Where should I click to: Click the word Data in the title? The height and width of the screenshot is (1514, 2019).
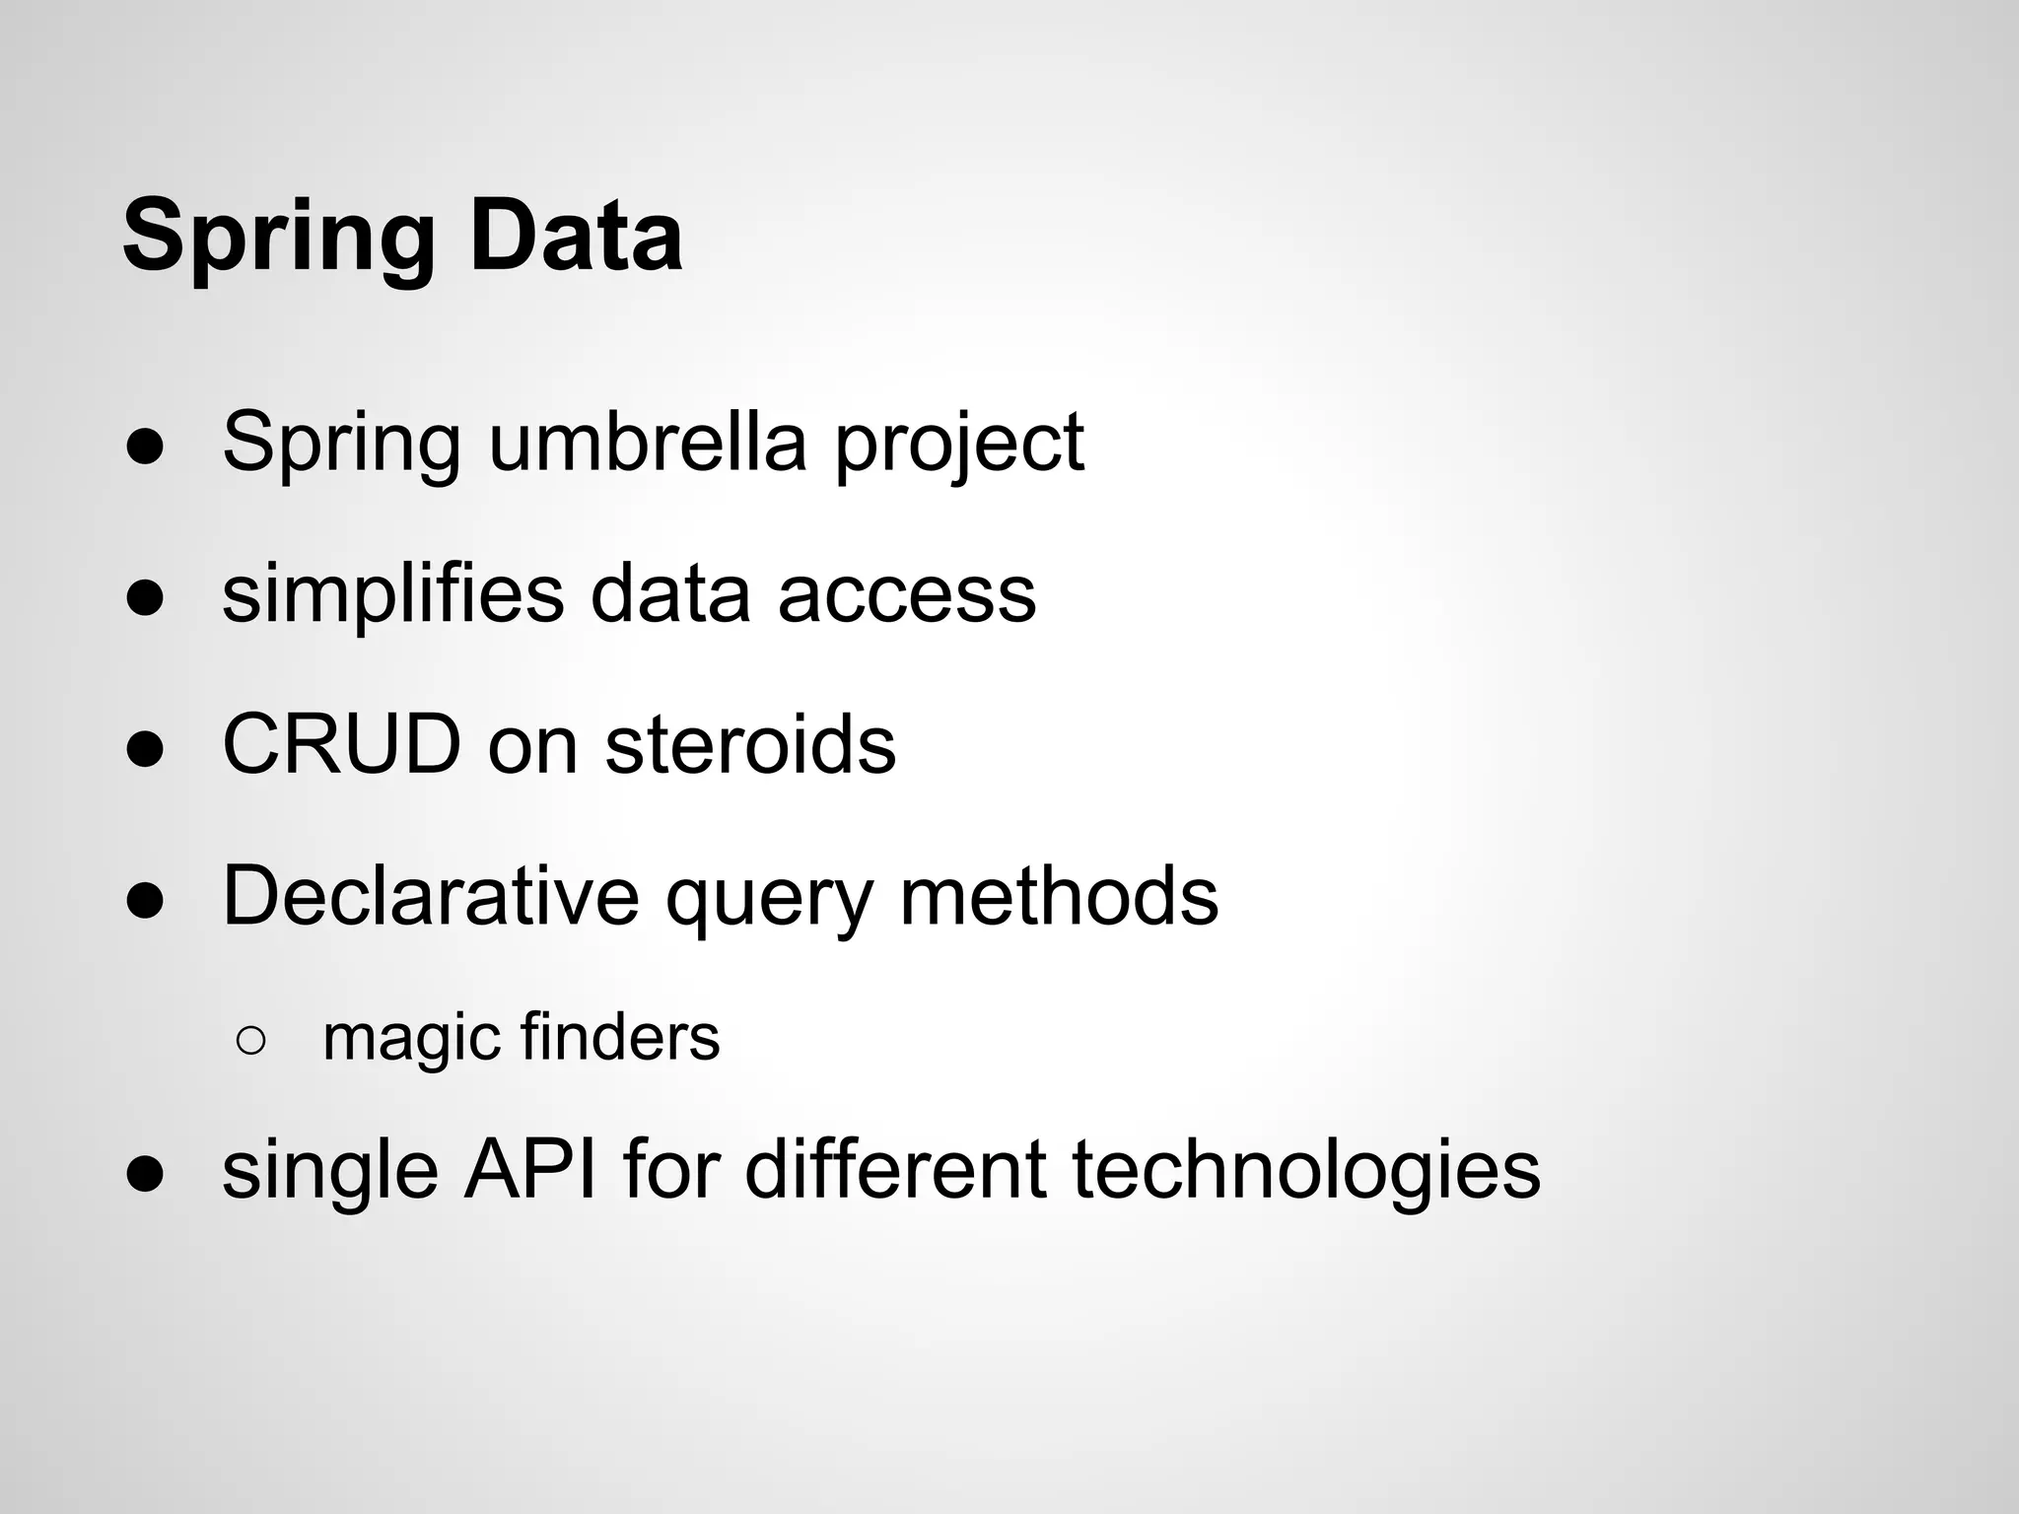pos(576,237)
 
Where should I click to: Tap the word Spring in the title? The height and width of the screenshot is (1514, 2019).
pos(278,241)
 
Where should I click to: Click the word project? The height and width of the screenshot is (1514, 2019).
pos(958,446)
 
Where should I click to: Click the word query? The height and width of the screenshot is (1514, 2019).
pos(769,902)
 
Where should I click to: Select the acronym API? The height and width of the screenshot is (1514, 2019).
pos(529,1169)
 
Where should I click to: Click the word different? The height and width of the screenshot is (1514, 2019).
pos(894,1169)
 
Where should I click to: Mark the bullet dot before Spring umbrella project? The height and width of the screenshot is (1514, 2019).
pos(145,447)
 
